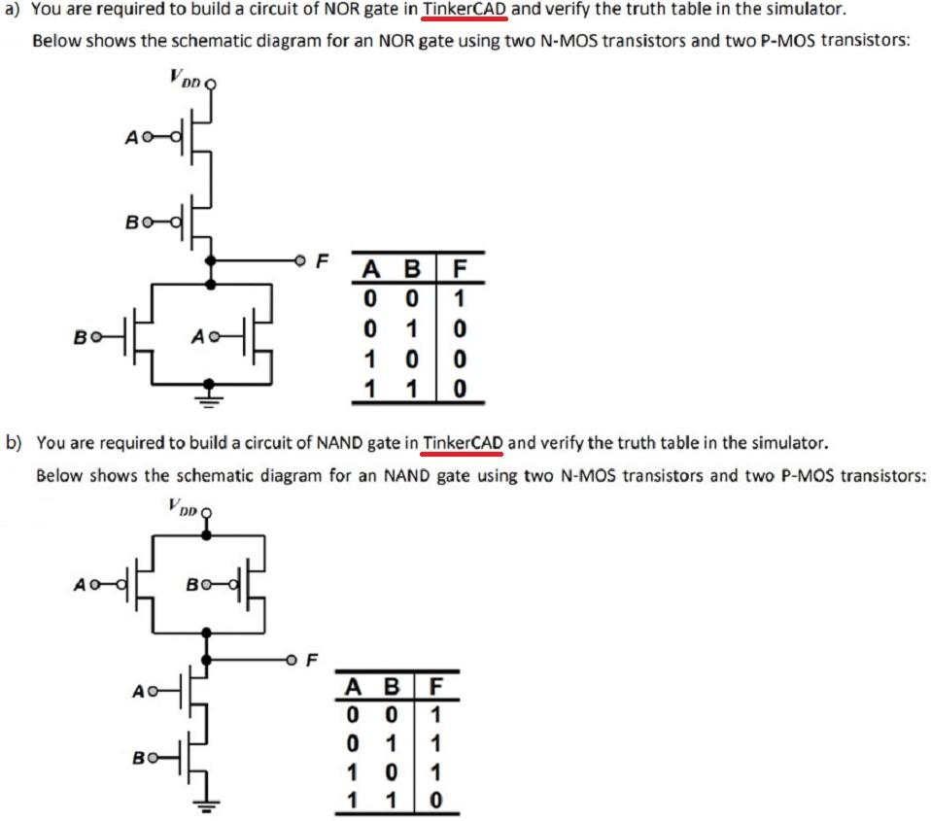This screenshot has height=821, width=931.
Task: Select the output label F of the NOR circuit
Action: point(324,260)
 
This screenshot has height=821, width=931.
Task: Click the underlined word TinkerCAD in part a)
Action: point(465,12)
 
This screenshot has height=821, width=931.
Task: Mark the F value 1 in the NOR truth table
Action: point(461,293)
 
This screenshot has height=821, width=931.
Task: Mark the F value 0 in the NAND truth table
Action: point(436,803)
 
